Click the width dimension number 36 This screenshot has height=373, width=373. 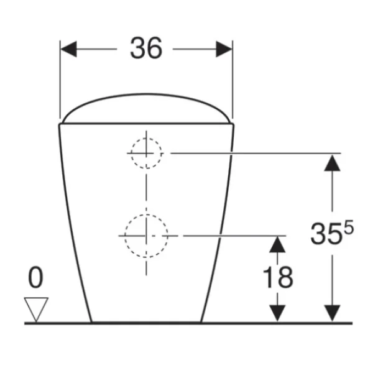(x=146, y=48)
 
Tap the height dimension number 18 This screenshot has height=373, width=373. (x=278, y=277)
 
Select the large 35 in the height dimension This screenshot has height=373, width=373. (x=326, y=234)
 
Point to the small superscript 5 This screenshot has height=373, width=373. (x=349, y=227)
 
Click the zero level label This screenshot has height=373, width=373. (x=35, y=277)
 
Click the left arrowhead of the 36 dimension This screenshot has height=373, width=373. (x=68, y=49)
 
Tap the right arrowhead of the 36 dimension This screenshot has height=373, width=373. (x=224, y=49)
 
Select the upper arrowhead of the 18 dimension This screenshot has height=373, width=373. (x=277, y=244)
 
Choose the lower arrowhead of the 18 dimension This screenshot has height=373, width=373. (x=277, y=313)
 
